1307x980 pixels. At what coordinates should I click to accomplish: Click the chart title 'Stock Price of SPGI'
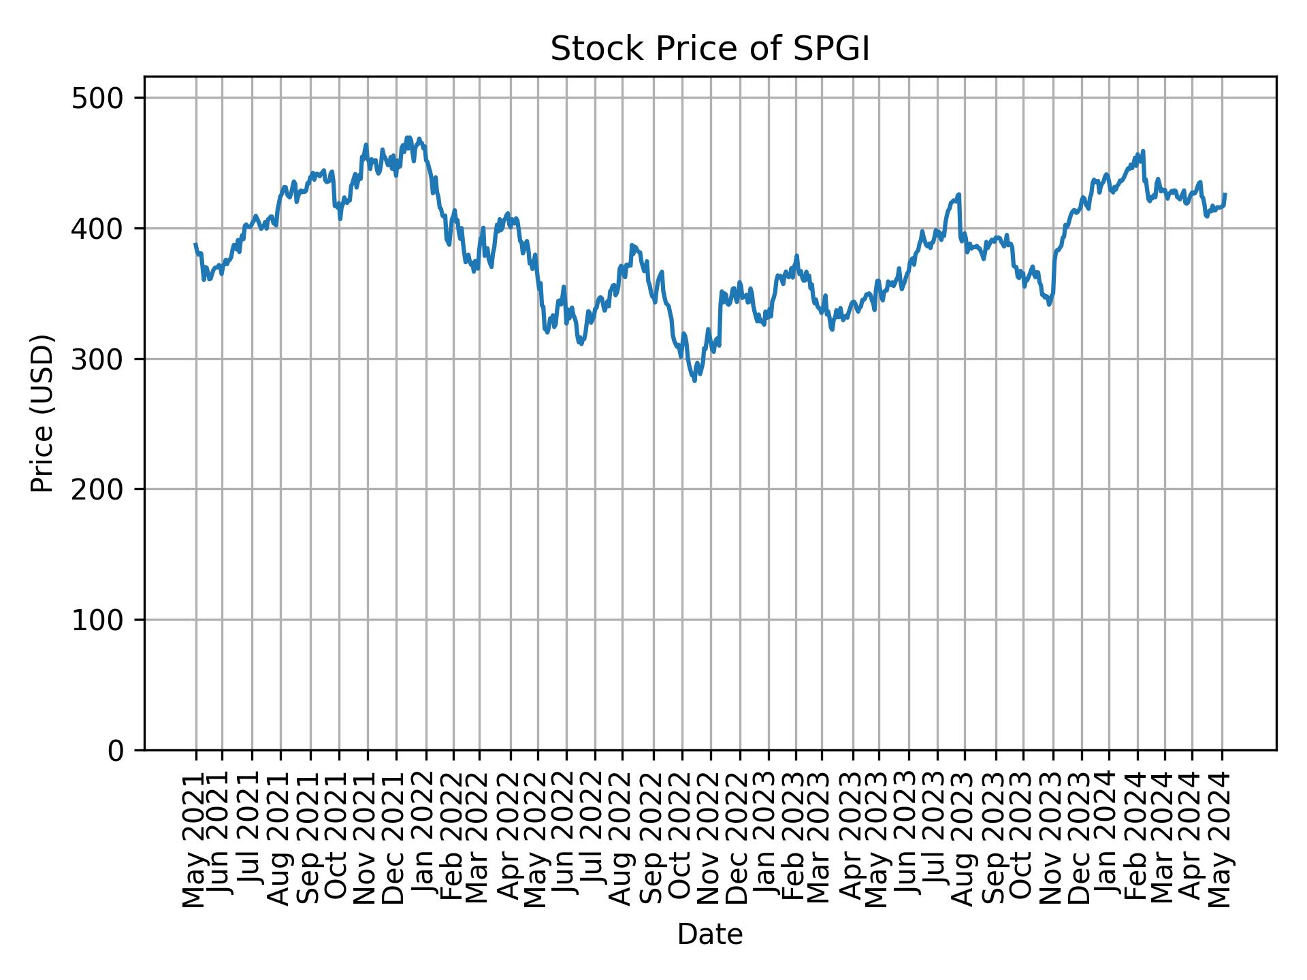(x=709, y=50)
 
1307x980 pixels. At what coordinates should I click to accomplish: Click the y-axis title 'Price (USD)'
(x=42, y=413)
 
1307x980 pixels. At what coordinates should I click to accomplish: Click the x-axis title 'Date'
(x=709, y=935)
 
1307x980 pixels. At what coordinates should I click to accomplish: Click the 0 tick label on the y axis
(x=116, y=750)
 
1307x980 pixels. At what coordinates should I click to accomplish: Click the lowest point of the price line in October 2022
(x=694, y=380)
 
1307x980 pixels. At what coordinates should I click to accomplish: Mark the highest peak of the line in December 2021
(x=408, y=137)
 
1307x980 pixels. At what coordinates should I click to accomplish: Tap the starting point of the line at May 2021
(x=195, y=244)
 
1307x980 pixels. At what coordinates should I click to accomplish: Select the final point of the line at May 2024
(x=1225, y=195)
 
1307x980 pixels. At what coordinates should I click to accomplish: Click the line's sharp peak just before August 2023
(x=958, y=195)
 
